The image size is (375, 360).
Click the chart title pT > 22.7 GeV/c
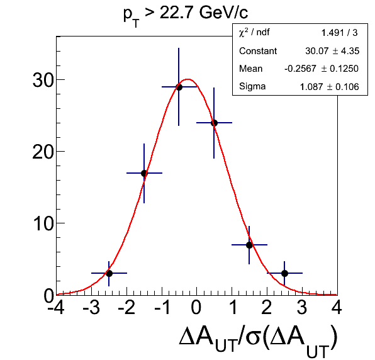186,15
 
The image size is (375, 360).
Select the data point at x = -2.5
109,273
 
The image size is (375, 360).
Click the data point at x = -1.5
144,173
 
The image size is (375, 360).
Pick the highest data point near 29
179,87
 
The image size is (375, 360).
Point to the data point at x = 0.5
214,123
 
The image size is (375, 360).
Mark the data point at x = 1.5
249,245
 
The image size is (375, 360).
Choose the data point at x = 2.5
284,273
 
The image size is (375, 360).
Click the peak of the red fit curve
188,79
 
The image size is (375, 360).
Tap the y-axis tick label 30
43,80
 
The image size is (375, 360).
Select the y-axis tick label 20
43,152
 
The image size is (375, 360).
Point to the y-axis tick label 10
43,223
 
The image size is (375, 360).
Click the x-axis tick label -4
56,307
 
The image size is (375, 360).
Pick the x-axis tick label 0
196,307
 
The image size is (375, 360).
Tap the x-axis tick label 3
302,307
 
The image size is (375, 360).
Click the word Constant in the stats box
258,51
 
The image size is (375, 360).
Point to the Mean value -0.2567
300,69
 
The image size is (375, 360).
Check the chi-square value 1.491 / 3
339,33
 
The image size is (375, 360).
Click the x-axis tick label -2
126,307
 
